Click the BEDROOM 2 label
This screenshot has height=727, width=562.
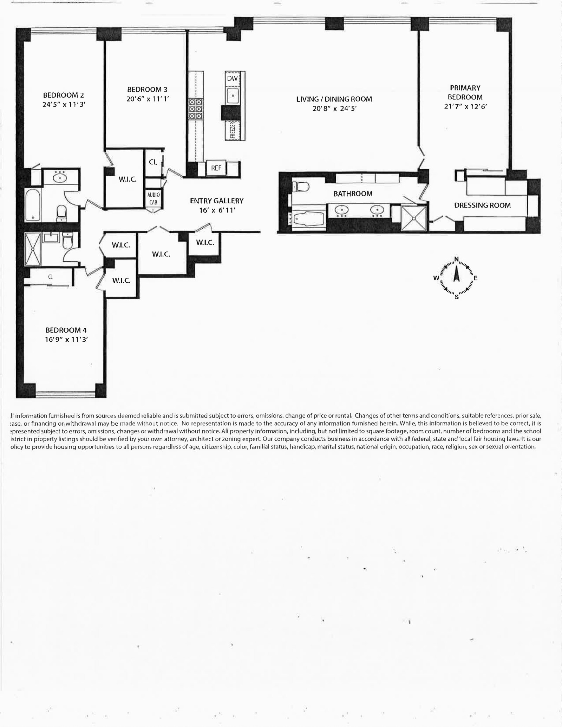(x=63, y=95)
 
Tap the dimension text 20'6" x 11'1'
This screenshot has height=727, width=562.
(x=148, y=99)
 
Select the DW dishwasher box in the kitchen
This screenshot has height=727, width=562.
(x=232, y=79)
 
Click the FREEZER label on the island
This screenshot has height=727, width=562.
(x=232, y=130)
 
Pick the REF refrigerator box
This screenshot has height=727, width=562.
(x=216, y=168)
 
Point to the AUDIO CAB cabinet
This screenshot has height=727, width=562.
(x=153, y=198)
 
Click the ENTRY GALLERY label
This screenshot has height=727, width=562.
(x=216, y=201)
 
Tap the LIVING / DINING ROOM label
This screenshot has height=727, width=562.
(x=334, y=99)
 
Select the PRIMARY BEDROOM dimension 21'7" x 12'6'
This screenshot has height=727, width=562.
(x=465, y=106)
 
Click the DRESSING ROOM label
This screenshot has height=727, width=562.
(x=482, y=205)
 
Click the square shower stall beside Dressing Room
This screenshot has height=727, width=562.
(x=414, y=218)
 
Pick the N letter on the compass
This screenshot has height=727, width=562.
(x=457, y=259)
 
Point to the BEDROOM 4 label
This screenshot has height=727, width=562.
(x=66, y=330)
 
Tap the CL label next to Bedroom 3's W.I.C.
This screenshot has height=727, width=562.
(x=153, y=162)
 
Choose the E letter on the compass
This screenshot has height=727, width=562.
(x=476, y=278)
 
